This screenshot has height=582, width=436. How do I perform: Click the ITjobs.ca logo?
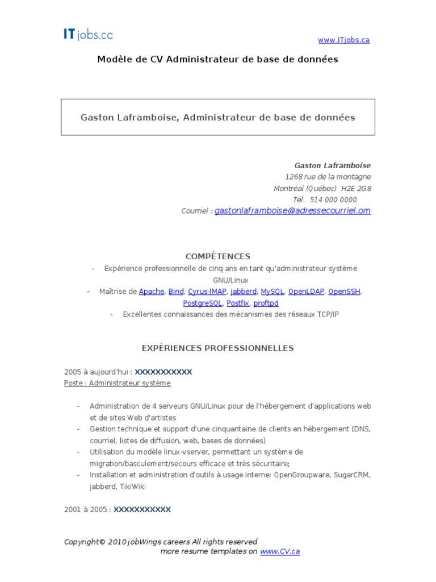(x=87, y=35)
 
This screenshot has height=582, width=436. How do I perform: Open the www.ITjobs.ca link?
(x=343, y=40)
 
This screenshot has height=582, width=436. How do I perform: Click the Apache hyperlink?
(x=152, y=292)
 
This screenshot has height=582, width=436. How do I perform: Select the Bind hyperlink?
(x=176, y=292)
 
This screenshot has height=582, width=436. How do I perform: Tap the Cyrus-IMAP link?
(x=207, y=292)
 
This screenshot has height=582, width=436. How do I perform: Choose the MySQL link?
(x=272, y=292)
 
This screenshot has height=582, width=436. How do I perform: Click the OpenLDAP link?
(x=306, y=292)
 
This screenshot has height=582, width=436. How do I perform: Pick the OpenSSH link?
(x=344, y=292)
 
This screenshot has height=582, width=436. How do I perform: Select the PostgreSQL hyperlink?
(x=203, y=304)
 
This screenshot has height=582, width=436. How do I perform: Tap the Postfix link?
(x=238, y=304)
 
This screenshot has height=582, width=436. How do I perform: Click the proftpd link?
(x=266, y=304)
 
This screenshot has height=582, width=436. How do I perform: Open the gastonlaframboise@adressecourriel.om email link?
(x=292, y=211)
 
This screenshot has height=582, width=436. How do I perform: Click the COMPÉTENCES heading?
(x=218, y=257)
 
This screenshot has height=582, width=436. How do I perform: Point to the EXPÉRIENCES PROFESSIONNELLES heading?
(x=218, y=348)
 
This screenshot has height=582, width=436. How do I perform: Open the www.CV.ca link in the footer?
(x=280, y=552)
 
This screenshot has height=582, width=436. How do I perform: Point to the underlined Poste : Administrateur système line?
(x=118, y=384)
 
